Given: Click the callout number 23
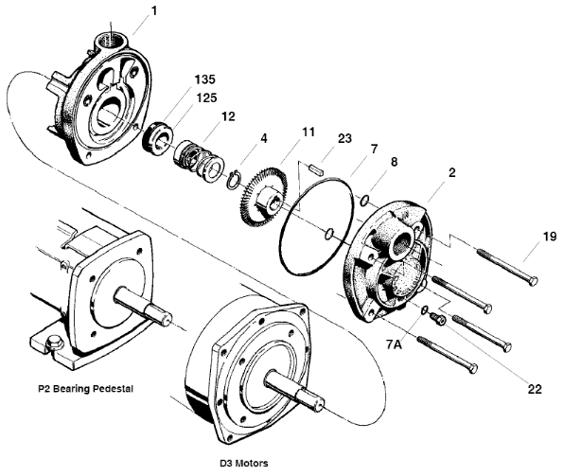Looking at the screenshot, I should pyautogui.click(x=344, y=138).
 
